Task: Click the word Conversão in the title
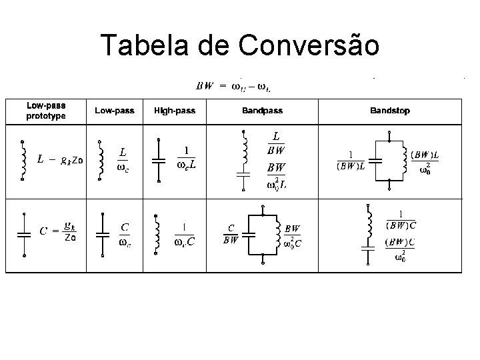coord(309,45)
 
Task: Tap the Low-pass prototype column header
coord(45,111)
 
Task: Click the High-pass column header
coord(175,111)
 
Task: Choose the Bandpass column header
coord(262,111)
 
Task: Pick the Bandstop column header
coord(390,111)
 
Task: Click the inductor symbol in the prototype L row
coord(24,159)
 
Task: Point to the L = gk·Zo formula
coord(60,160)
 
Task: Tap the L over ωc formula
coord(123,159)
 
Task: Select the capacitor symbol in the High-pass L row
coord(159,160)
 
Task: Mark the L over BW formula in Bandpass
coord(277,141)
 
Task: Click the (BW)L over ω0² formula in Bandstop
coord(429,161)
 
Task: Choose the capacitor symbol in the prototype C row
coord(24,233)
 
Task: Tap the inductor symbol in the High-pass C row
coord(157,233)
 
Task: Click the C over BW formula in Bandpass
coord(231,233)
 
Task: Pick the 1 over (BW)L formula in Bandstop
coord(351,160)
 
